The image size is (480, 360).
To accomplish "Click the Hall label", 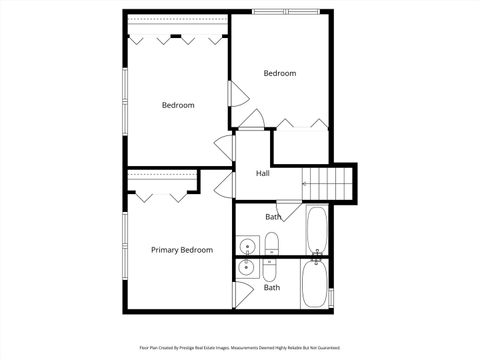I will point(262,174).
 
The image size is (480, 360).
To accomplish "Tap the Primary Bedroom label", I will point(181,250).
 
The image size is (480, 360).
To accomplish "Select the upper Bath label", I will point(273,217).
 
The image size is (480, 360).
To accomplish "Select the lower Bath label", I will point(272,288).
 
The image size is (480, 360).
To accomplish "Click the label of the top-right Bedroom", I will point(280,73).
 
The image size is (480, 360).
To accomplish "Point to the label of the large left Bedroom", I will point(178,105).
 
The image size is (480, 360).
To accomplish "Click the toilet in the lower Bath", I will point(271,268).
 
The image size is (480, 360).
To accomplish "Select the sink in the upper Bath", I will point(247,244).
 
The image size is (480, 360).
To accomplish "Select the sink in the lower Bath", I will point(247,268).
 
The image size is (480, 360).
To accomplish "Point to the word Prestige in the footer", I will point(200,348).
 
